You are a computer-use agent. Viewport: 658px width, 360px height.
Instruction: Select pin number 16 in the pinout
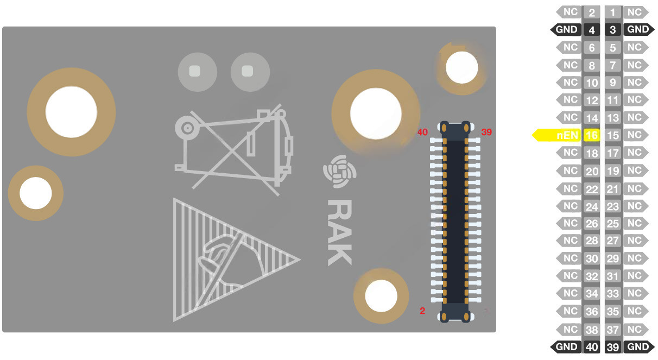pos(592,135)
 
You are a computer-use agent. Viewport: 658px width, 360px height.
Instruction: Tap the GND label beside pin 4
pos(566,30)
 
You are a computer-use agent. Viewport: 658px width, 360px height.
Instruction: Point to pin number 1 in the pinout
pos(613,12)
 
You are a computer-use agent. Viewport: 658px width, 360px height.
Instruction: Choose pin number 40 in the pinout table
pos(592,347)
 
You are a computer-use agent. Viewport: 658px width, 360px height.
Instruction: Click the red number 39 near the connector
pos(486,132)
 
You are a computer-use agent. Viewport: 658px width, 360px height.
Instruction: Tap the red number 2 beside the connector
pos(422,311)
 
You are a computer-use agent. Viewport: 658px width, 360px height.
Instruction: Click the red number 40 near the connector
pos(422,132)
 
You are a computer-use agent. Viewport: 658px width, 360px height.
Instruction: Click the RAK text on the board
pos(340,232)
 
